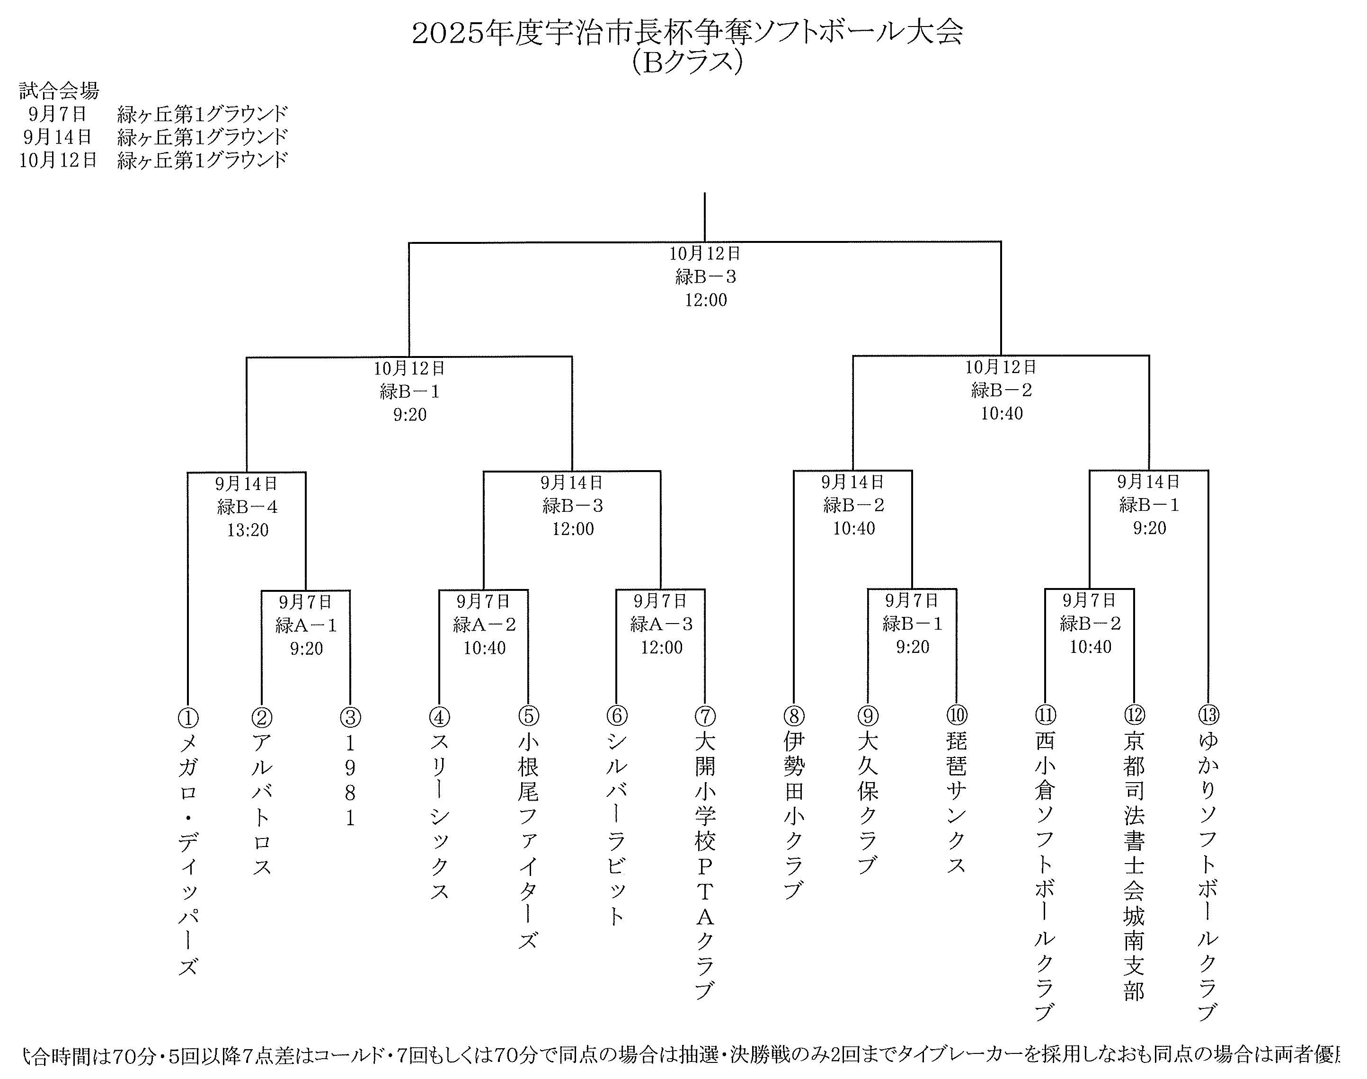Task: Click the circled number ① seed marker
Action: coord(188,718)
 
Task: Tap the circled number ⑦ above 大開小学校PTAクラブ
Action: coord(705,716)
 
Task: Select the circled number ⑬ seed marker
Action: coord(1208,714)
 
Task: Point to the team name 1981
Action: coord(350,780)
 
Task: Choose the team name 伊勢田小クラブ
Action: coord(794,815)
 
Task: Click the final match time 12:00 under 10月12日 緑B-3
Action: coord(706,300)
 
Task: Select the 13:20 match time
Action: coord(248,530)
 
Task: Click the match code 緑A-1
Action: coord(306,625)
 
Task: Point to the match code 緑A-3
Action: coord(661,624)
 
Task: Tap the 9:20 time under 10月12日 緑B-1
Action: coord(410,415)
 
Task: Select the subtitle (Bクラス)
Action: coord(687,62)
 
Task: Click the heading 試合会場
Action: coord(59,91)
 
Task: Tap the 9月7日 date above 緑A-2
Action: coord(483,601)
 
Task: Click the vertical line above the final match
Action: coord(705,217)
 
